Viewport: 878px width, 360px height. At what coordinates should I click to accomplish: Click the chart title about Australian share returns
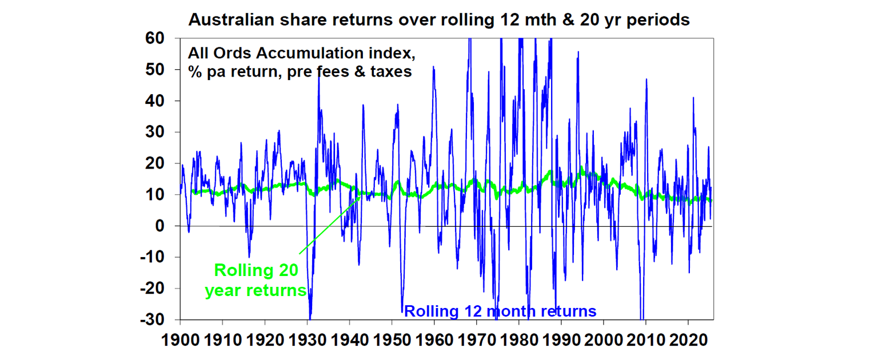(x=438, y=20)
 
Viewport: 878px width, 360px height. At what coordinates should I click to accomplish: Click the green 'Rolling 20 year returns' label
(x=256, y=280)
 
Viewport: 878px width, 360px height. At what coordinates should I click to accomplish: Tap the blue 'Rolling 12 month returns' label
(x=500, y=312)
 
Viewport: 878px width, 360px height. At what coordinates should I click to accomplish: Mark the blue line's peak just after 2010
(x=646, y=80)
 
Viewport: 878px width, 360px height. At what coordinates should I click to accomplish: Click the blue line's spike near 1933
(x=318, y=74)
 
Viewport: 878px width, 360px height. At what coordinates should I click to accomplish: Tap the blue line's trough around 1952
(x=402, y=309)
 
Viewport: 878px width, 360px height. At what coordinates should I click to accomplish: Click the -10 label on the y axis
(x=152, y=258)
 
